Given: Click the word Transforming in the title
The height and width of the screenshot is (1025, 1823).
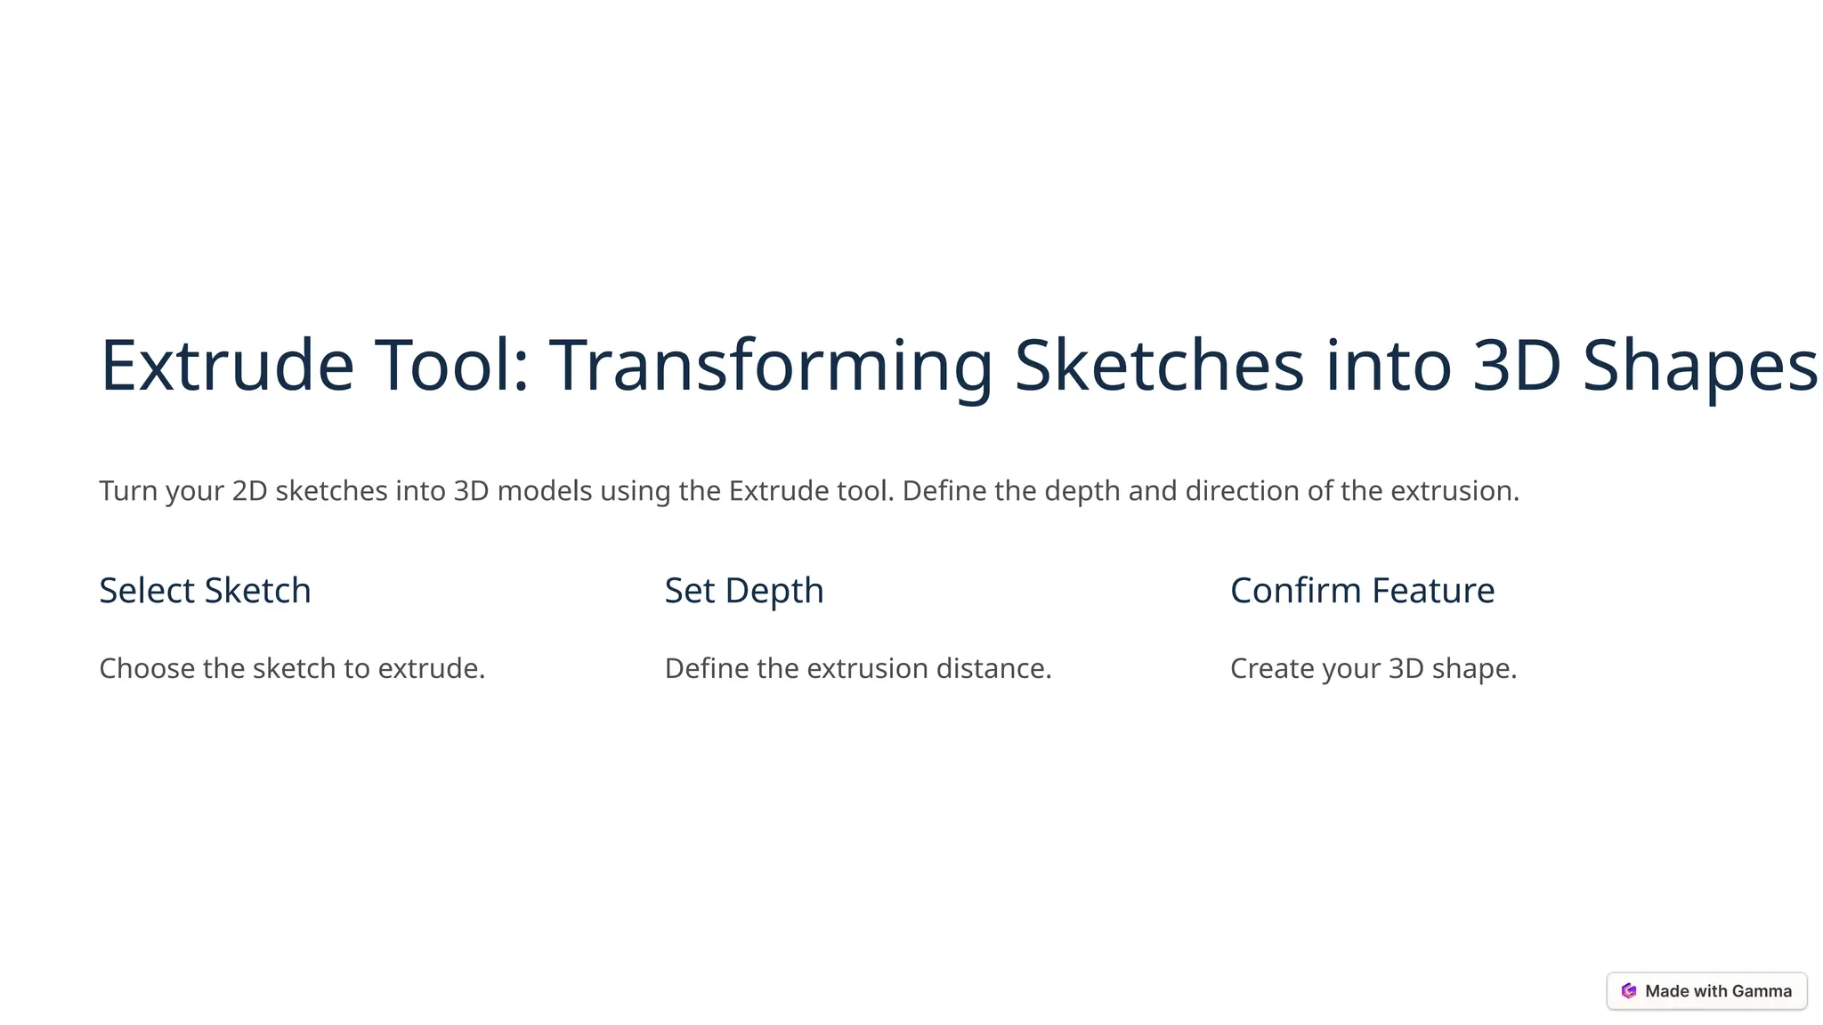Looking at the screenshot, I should tap(770, 366).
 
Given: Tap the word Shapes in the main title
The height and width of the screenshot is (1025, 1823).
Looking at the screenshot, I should tap(1699, 366).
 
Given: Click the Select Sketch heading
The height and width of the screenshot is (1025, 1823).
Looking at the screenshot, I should tap(205, 591).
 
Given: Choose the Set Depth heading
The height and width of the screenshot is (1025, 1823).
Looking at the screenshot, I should tap(744, 591).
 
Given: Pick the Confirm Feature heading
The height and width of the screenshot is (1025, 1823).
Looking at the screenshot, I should tap(1362, 591).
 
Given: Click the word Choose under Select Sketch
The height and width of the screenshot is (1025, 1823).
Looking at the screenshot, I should tap(147, 669).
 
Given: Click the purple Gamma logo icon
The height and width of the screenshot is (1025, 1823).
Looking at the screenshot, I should tap(1629, 991).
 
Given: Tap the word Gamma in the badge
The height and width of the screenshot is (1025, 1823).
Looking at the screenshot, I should tap(1762, 991).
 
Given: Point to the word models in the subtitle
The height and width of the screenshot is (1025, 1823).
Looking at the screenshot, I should tap(544, 491).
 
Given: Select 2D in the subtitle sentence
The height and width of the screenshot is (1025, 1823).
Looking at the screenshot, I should tap(249, 491).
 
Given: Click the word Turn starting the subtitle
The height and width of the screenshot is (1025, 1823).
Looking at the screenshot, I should tap(128, 491).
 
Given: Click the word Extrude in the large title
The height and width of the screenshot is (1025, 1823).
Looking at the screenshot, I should tap(227, 366).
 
